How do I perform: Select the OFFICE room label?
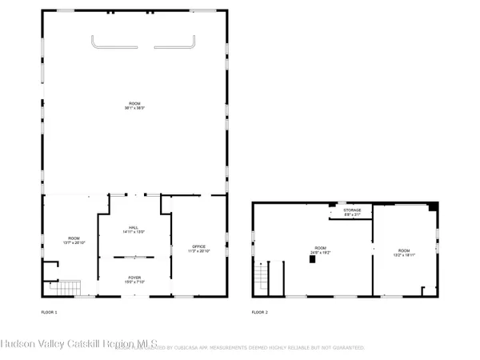pos(198,246)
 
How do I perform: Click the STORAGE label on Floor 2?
pos(353,210)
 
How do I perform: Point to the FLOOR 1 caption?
pos(50,311)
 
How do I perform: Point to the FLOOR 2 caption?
pos(260,311)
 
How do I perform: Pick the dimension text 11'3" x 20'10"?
pos(198,251)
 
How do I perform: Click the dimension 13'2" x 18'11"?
pos(404,255)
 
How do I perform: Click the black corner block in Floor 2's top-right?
pos(433,206)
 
